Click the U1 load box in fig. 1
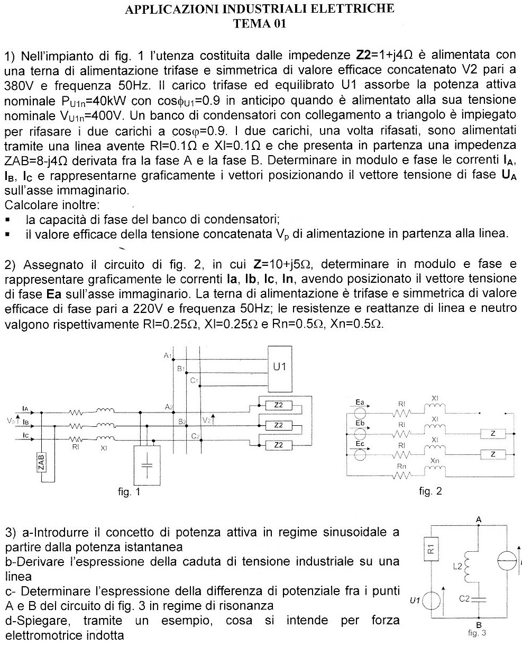(x=279, y=366)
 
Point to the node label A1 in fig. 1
(x=167, y=354)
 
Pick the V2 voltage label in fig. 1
(x=207, y=420)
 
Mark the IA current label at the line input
(x=25, y=408)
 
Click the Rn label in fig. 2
(x=402, y=465)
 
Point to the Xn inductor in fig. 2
(x=435, y=470)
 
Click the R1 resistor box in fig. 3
(x=431, y=551)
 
